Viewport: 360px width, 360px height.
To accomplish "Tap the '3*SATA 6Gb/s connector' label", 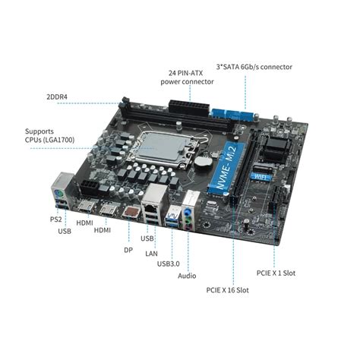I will pos(254,67).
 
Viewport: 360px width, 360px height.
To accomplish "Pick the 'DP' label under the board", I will pos(128,249).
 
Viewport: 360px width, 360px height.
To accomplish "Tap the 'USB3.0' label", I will pos(169,264).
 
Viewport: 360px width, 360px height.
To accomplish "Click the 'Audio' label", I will pos(187,276).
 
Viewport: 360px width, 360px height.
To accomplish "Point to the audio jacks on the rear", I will pos(189,216).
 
